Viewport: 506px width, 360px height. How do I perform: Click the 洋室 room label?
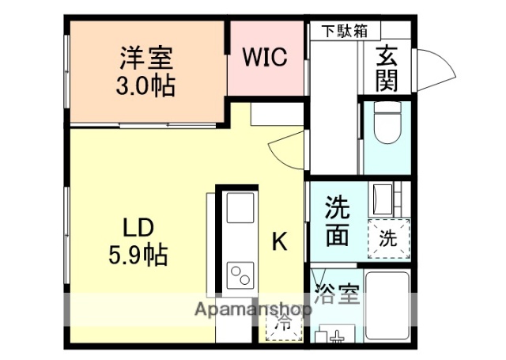147,58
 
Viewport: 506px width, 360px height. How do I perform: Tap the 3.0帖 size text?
147,83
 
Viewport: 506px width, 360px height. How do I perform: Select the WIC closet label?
264,58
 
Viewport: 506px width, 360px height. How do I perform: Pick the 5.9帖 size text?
137,255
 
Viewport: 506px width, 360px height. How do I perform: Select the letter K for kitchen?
280,242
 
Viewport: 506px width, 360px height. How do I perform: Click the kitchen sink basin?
240,209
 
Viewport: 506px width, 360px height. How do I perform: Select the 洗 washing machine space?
388,237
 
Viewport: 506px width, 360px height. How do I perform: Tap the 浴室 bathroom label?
338,296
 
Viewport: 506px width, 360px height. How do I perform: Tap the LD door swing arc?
286,146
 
